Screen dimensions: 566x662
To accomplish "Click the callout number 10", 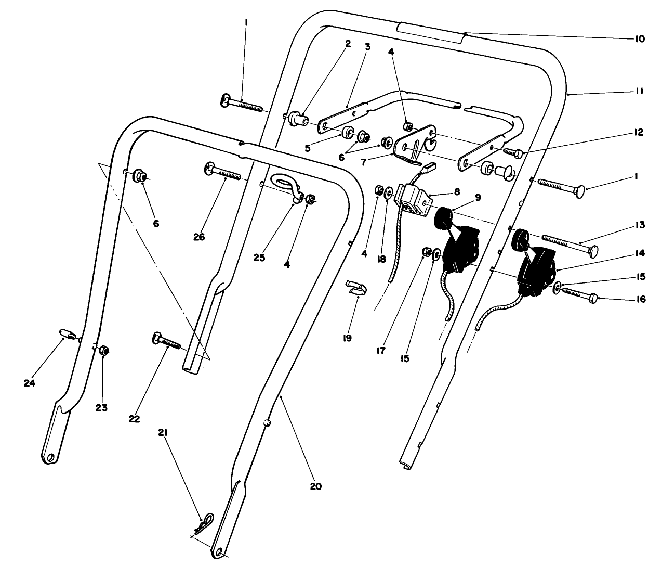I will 639,39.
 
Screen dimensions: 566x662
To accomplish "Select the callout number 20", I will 315,487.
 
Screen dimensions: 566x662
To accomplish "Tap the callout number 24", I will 29,383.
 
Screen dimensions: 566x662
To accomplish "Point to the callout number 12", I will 639,133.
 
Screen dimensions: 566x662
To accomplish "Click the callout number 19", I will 347,338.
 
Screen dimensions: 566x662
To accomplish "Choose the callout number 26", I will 199,237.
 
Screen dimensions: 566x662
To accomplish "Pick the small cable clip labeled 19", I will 356,287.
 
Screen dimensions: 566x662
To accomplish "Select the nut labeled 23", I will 103,351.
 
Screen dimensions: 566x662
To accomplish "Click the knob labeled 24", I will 65,333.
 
